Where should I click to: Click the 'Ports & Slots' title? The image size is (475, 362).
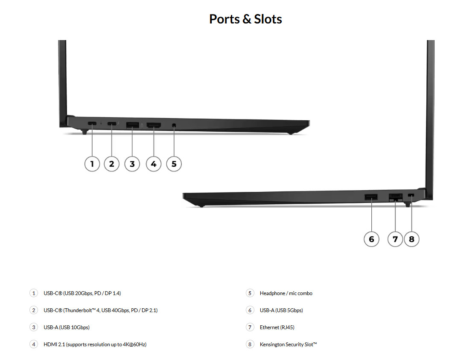click(x=245, y=19)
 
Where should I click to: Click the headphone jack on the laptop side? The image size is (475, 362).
click(x=174, y=125)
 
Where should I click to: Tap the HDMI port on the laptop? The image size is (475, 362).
click(x=154, y=125)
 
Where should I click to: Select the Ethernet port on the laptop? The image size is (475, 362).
click(x=396, y=197)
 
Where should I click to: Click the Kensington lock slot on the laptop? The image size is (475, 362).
click(x=411, y=195)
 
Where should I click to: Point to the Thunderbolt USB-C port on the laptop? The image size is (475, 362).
click(x=112, y=124)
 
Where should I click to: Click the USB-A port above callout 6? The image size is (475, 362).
click(x=371, y=197)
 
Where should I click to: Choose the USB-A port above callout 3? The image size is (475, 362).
click(x=132, y=125)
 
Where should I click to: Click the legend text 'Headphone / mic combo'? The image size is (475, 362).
click(x=286, y=293)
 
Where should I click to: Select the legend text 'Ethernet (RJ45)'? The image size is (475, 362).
click(x=277, y=327)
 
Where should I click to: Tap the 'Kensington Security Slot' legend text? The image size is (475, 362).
click(x=288, y=345)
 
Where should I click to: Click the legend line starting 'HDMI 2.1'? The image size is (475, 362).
click(x=95, y=345)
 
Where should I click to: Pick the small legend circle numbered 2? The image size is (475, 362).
click(x=34, y=310)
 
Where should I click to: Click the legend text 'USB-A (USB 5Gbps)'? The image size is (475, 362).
click(x=281, y=310)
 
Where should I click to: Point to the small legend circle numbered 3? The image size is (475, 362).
click(x=34, y=327)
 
